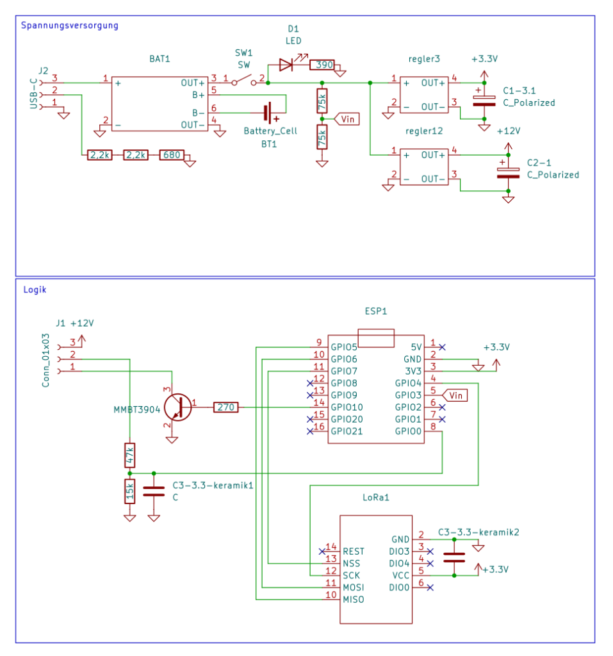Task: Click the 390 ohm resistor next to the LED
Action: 322,65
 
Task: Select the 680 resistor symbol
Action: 172,155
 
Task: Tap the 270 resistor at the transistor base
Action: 226,407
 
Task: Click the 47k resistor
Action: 130,455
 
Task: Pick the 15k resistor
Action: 130,491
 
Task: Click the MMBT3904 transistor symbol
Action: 178,407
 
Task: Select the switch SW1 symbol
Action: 244,81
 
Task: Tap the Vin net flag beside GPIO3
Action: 454,395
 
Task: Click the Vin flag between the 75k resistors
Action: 347,119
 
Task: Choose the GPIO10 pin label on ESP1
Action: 347,407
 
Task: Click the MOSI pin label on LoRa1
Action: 354,587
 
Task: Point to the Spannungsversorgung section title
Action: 70,26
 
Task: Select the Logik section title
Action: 35,290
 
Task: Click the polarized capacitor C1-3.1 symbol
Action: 484,101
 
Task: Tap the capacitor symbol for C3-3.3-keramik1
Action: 154,491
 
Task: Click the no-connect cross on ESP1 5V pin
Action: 442,347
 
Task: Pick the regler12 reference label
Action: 424,131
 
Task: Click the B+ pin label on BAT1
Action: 199,95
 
